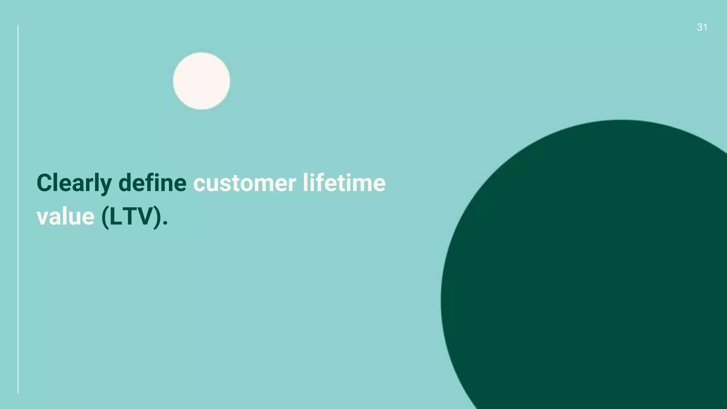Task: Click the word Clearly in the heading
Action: [x=74, y=183]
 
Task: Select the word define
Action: [x=152, y=183]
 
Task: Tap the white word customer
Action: [x=245, y=183]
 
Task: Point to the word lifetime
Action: [x=344, y=183]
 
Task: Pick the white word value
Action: [x=66, y=217]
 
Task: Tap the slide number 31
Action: [x=702, y=27]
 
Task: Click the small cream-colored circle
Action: [x=201, y=81]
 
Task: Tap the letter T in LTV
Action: [x=130, y=217]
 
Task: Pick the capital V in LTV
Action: [x=146, y=217]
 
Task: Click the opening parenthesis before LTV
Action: [x=105, y=217]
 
